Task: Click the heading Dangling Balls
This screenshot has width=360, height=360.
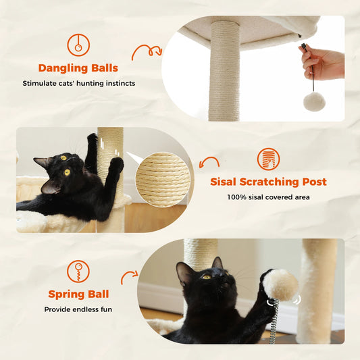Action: point(78,68)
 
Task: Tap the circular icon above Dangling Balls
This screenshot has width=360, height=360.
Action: point(78,44)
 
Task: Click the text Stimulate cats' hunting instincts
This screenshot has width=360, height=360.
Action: point(78,84)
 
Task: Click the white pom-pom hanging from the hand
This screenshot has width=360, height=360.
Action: point(313,101)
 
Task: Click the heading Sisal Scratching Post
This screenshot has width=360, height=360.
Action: point(268,182)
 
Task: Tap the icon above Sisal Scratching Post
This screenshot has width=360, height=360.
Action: point(268,159)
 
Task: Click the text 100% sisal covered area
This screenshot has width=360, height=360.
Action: point(268,197)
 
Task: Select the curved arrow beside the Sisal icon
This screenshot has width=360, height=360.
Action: point(210,163)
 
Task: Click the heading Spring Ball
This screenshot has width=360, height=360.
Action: point(78,294)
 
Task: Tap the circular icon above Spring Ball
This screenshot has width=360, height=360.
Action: point(78,272)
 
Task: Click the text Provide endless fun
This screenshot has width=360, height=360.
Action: point(78,309)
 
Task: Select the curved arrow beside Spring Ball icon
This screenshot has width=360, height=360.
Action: point(129,277)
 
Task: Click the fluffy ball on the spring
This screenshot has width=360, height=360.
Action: point(280,284)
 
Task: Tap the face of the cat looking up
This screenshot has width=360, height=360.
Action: point(201,277)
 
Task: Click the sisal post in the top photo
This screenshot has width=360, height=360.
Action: point(224,71)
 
